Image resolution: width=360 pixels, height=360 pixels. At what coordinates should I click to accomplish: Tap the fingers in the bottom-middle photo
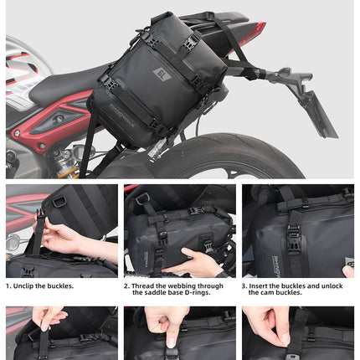coord(167,319)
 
